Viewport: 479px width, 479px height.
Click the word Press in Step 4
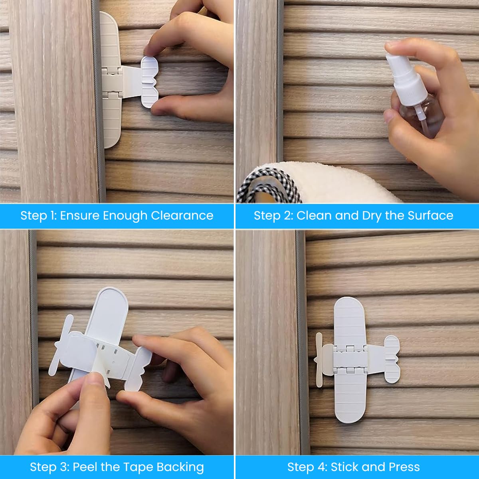pos(404,467)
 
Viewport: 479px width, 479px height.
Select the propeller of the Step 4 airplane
pos(319,360)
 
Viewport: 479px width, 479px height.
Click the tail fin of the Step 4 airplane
pos(392,359)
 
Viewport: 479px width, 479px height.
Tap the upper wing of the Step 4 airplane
pos(349,321)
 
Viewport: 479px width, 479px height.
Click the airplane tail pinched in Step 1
pos(150,82)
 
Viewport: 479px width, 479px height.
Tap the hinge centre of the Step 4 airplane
pos(350,360)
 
